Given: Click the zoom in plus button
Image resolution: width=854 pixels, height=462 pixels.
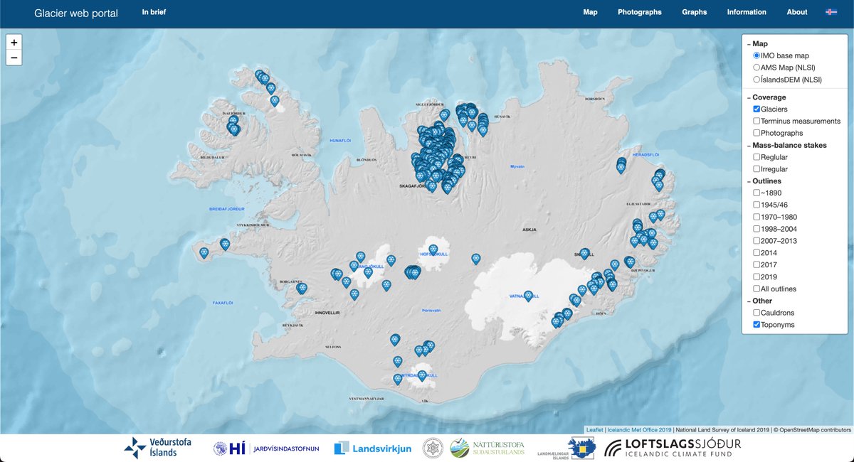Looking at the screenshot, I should (14, 43).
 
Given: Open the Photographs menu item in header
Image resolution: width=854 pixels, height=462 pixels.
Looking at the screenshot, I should (639, 12).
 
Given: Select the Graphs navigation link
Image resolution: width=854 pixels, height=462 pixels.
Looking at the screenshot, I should (694, 12).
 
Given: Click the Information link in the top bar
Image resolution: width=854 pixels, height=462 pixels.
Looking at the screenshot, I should (747, 12).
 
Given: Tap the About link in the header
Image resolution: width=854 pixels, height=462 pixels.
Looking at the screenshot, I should (797, 12).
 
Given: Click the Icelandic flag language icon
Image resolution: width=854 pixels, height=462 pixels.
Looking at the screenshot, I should (831, 12).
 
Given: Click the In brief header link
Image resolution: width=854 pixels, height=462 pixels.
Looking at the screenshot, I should (154, 12).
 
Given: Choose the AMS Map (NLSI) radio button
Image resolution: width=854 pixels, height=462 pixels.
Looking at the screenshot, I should (757, 68).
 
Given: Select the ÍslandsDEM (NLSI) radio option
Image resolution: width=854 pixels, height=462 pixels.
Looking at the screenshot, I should (757, 80).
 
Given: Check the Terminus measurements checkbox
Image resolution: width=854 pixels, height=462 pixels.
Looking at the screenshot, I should (757, 122).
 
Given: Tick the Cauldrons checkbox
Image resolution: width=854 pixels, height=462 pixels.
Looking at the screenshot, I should (757, 313).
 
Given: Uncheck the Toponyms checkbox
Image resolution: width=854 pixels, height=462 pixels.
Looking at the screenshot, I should (757, 325).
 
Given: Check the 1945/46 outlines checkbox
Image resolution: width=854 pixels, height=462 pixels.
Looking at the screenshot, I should (757, 205).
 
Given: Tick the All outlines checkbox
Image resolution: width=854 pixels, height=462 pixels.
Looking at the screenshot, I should (757, 289).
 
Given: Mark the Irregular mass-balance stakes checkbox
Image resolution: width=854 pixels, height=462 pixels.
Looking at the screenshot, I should (757, 169).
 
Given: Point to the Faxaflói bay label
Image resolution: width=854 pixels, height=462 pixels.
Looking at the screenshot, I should (223, 303).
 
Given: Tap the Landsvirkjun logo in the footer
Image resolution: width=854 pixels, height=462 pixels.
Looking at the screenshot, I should (362, 448).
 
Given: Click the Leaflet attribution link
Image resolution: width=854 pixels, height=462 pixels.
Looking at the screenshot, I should (594, 429).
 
